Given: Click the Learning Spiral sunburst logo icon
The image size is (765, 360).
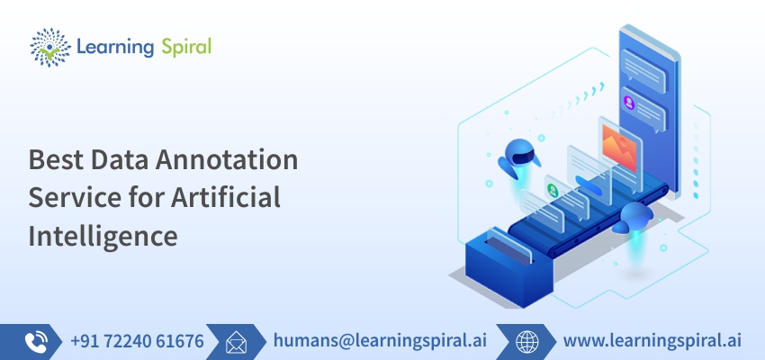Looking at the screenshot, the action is point(49,48).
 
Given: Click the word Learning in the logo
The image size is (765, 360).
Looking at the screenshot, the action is point(115,48).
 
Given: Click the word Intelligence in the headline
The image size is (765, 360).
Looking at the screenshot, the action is point(103,236).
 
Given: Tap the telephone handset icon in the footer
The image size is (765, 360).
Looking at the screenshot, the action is point(36,342).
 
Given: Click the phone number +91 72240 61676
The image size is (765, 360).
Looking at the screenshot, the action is point(137,341).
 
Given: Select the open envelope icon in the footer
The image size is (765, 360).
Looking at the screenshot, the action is point(236,342).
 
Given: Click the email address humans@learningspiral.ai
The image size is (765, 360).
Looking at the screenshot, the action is point(380,340).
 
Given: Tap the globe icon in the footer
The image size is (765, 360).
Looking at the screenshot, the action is point(527,342).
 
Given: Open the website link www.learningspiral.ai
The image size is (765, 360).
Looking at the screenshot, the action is point(652,340).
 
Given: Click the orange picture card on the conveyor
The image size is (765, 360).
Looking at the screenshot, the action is point(619,148).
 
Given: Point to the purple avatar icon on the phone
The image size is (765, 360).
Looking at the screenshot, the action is point(629,103).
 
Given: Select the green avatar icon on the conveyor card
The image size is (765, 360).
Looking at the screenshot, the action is point(553,190).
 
